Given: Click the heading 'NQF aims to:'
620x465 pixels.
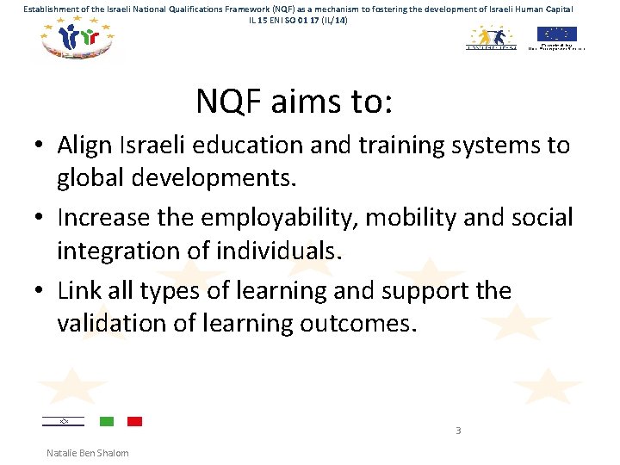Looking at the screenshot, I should click(294, 102).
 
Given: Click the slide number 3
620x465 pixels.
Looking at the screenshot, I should click(458, 431).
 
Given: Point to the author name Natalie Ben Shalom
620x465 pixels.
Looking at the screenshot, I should click(88, 453).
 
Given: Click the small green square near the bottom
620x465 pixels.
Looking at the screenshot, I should click(107, 421).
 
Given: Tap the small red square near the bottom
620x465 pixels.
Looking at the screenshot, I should click(134, 421).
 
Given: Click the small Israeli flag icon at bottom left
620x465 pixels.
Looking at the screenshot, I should click(63, 421).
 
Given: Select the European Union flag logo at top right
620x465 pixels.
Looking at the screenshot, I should click(556, 35).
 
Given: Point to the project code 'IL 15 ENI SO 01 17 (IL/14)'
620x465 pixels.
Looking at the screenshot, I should click(299, 19).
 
